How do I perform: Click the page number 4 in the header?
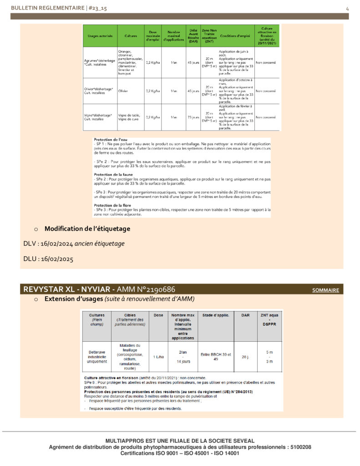coord(347,9)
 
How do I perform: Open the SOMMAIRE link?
coord(325,290)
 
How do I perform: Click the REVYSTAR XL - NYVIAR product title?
coord(68,290)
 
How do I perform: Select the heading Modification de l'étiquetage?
coord(87,228)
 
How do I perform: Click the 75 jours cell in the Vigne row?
coord(193,117)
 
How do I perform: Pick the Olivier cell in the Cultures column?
coord(124,91)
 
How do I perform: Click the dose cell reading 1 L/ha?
coord(158,356)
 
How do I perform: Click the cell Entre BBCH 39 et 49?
coord(216,356)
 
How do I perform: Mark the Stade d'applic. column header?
coord(216,315)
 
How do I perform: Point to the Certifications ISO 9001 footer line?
coord(180,453)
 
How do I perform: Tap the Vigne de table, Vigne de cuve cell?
coord(129,116)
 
